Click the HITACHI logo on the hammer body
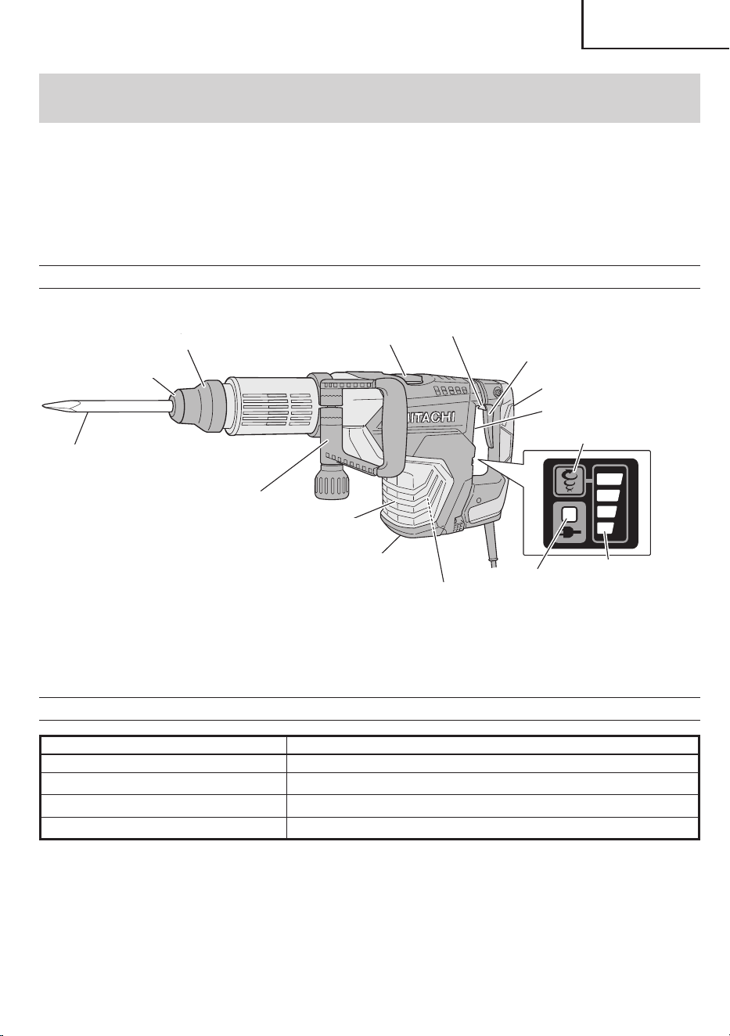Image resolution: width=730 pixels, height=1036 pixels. coord(430,417)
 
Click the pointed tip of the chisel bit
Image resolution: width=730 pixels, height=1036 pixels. coord(41,405)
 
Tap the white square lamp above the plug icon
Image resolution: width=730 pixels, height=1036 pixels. coord(569,515)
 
